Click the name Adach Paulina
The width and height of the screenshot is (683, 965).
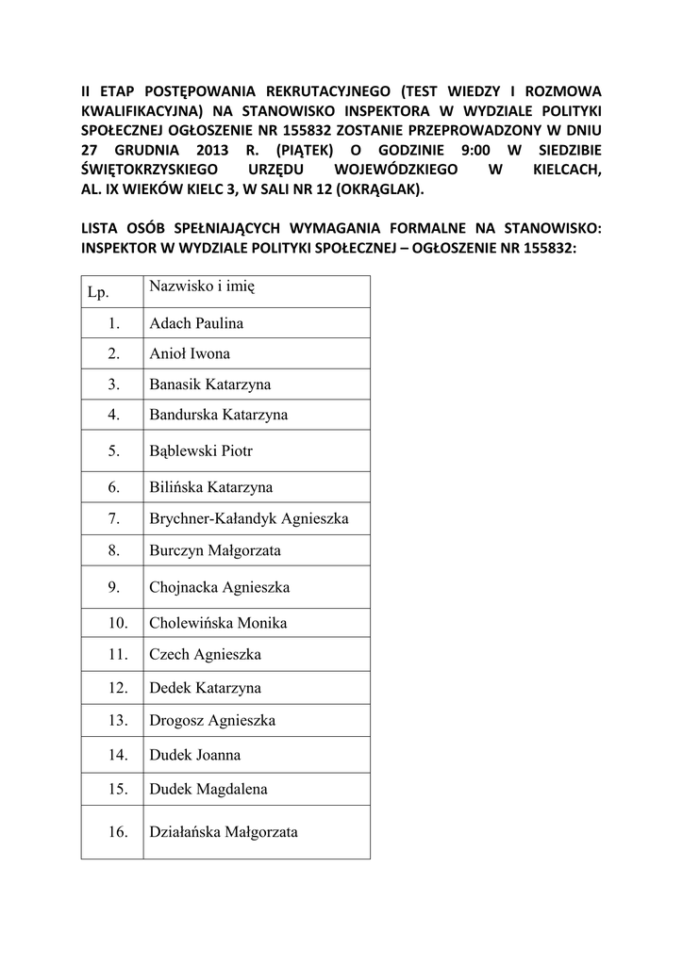[196, 323]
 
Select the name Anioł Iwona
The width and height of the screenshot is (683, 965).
[190, 354]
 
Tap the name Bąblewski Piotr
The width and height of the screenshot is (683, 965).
[201, 451]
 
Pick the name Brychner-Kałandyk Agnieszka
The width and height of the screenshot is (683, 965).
[249, 518]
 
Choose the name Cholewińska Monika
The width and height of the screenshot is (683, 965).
[218, 623]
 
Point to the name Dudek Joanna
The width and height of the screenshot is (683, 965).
[194, 755]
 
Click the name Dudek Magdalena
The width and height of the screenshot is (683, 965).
[208, 789]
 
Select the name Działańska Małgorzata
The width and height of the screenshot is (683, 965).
[224, 832]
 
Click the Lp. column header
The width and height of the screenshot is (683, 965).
[98, 292]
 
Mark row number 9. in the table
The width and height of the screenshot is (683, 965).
[113, 587]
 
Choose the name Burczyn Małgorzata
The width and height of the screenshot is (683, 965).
[215, 549]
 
